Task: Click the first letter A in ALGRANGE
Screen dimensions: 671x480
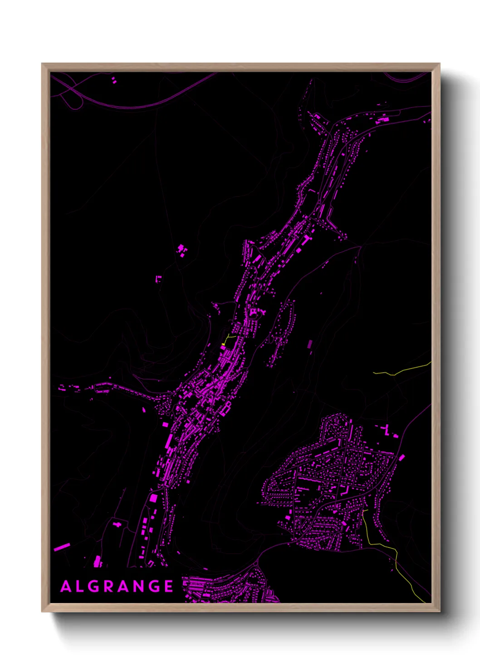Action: [x=66, y=586]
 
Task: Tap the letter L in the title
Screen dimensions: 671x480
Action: [x=80, y=586]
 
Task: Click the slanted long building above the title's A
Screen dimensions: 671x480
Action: [x=62, y=547]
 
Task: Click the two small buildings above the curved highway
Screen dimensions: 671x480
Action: [x=113, y=81]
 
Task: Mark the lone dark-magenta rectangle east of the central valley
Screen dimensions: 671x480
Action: [x=310, y=344]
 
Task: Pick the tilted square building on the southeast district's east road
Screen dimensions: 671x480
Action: [x=402, y=457]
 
